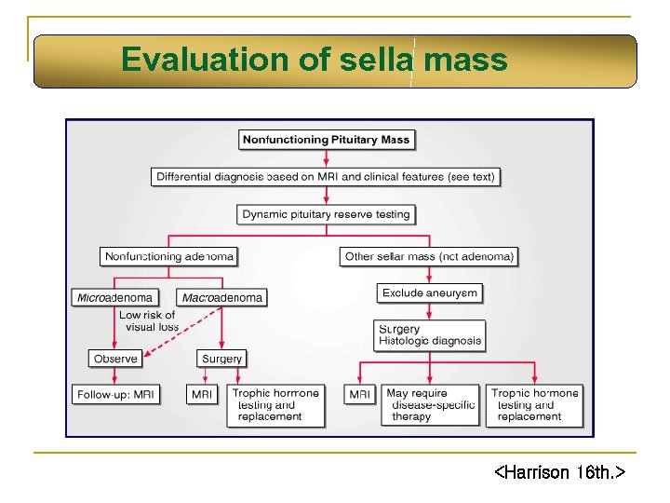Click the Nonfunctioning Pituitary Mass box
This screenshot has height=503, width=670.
(x=326, y=140)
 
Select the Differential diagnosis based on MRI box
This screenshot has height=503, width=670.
(x=326, y=176)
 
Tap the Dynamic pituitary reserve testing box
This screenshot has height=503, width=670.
(x=326, y=214)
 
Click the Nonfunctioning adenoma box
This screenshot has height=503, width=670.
(x=168, y=256)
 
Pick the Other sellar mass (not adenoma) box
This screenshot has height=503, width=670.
(x=429, y=256)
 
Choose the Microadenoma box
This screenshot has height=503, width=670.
(x=114, y=297)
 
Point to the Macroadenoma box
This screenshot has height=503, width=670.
(x=222, y=298)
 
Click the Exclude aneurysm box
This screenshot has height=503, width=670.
(x=429, y=292)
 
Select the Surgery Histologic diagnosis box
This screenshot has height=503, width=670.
(x=429, y=334)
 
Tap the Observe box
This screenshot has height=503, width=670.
(x=115, y=359)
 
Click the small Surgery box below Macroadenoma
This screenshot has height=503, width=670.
(x=221, y=359)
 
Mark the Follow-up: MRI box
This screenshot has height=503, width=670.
(x=115, y=394)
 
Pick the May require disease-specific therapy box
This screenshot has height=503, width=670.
(x=429, y=405)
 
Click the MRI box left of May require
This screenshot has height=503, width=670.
(x=359, y=394)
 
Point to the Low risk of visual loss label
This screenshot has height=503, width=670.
(x=149, y=321)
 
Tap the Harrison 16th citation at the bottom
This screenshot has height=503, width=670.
(x=558, y=473)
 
